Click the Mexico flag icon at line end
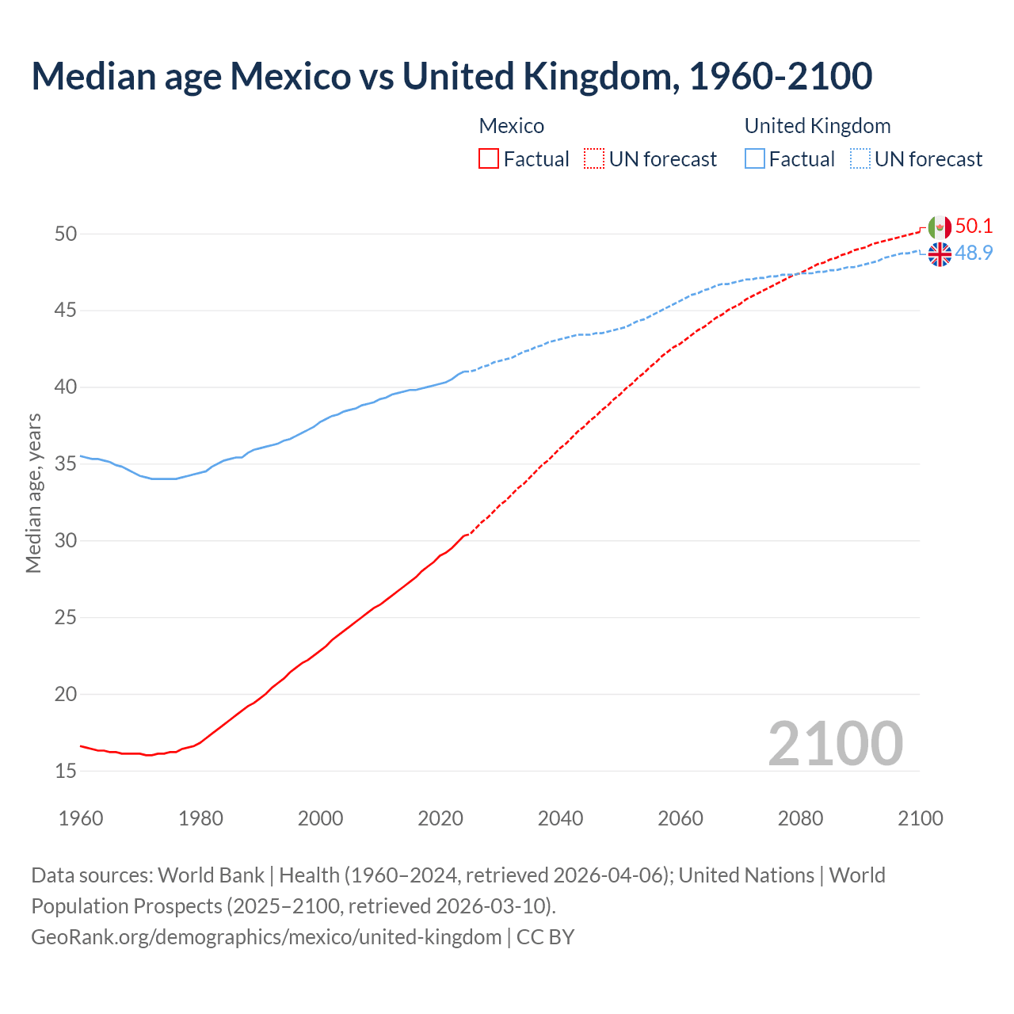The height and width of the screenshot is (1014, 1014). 940,227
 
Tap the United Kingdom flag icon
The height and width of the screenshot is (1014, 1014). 940,254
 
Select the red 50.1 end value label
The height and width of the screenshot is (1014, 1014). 974,227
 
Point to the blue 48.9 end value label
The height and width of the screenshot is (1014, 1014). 974,253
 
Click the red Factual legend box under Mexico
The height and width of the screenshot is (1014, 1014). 489,159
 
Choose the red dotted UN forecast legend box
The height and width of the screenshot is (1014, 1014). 594,159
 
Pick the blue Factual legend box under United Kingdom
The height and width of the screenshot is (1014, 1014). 755,159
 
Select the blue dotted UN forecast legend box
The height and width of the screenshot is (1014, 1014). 860,159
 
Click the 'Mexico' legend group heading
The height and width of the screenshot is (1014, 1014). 512,126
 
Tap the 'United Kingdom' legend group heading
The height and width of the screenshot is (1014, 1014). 818,126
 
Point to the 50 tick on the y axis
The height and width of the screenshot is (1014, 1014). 66,234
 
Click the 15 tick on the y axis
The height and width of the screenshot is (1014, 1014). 66,771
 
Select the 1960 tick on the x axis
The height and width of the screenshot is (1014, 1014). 81,818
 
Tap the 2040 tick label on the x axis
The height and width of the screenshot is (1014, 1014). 560,818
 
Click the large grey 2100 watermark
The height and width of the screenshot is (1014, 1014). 836,744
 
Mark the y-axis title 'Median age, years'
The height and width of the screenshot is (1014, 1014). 33,493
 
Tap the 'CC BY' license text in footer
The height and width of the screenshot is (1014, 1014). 545,937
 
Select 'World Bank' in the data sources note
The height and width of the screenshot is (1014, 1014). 211,875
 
